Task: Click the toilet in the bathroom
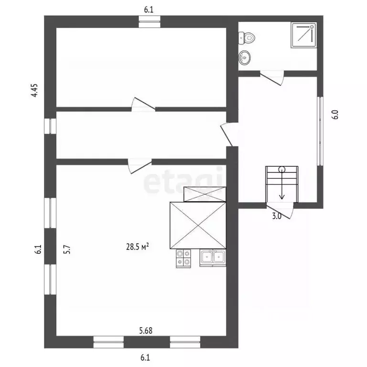(x=247, y=38)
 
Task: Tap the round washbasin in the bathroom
(x=244, y=57)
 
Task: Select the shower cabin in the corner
(x=304, y=35)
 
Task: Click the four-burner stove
(x=183, y=258)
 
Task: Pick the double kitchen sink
(x=213, y=258)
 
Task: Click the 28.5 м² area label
(x=138, y=247)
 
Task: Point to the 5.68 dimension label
(x=146, y=331)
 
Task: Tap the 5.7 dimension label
(x=67, y=249)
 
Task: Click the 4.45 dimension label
(x=34, y=90)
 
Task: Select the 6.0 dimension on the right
(x=335, y=115)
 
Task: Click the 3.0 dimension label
(x=277, y=216)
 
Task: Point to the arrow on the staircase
(x=282, y=184)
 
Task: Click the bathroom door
(x=272, y=78)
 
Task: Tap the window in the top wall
(x=149, y=22)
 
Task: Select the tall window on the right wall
(x=320, y=131)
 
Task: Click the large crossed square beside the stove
(x=198, y=226)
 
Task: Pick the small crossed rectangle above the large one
(x=205, y=194)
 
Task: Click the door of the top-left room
(x=143, y=105)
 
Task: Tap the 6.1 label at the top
(x=149, y=10)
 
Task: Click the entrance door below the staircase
(x=280, y=211)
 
